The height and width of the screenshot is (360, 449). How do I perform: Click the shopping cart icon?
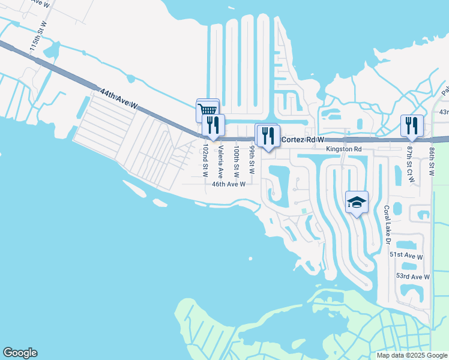coord(207,110)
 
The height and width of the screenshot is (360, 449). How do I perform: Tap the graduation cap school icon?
coord(357,202)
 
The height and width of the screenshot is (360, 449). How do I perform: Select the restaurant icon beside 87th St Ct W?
coord(412,125)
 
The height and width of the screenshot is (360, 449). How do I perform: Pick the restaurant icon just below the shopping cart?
coord(213,125)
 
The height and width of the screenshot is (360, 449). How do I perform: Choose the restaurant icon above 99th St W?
coord(267,135)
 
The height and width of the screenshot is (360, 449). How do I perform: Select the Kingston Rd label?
coord(344,149)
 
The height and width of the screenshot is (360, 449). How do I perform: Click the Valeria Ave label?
coord(221,161)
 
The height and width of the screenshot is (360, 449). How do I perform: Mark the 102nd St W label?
coord(205,160)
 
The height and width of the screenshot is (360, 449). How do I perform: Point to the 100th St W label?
coord(237,160)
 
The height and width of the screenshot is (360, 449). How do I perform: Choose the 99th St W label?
coord(252,159)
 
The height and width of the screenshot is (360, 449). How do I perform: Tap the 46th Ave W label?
coord(229,184)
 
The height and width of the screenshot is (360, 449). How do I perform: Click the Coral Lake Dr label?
coord(387,226)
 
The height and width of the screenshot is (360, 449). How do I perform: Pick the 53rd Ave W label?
coord(412,277)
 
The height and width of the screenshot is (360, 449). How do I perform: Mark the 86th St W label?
coord(431,160)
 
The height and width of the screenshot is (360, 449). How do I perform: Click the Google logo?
coord(20,353)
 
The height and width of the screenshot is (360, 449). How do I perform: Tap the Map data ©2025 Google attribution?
coord(412,355)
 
